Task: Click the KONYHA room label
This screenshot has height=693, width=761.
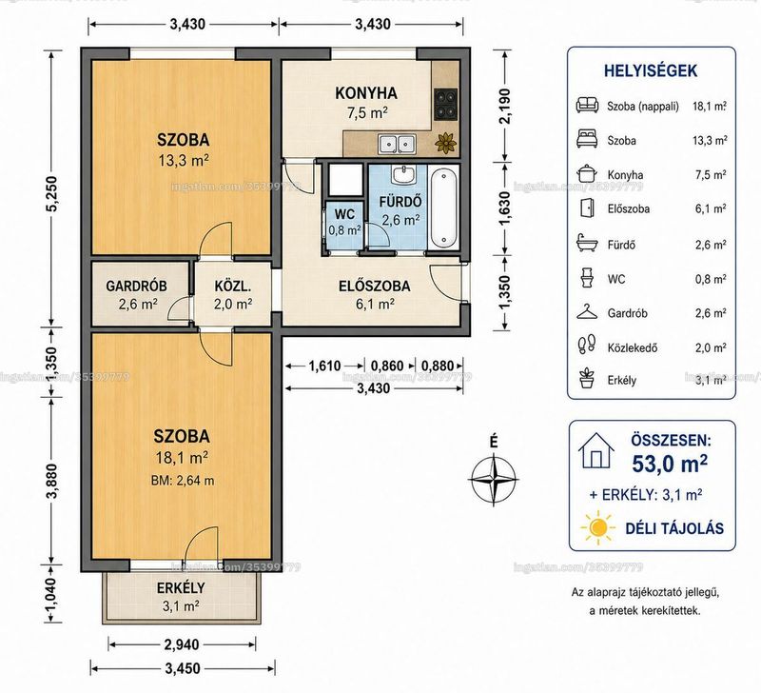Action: (x=366, y=92)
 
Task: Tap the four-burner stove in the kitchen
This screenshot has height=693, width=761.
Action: (x=445, y=105)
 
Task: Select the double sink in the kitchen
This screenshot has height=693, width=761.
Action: (x=397, y=144)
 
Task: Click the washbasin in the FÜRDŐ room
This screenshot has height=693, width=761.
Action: (x=402, y=174)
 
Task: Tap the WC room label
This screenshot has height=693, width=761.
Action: (x=344, y=213)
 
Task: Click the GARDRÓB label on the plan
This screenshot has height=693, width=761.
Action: (x=136, y=286)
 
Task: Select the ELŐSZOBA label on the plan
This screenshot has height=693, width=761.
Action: (x=374, y=286)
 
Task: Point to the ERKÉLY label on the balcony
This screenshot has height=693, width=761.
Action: (x=181, y=588)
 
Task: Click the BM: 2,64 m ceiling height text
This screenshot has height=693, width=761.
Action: (x=183, y=481)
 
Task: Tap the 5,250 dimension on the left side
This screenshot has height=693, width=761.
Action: (x=52, y=193)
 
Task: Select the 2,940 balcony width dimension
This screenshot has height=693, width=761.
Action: (x=182, y=644)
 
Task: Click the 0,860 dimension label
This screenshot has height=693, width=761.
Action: (x=387, y=366)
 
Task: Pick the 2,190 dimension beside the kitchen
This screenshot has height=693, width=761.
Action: (x=505, y=106)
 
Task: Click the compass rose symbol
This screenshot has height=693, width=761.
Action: (x=494, y=480)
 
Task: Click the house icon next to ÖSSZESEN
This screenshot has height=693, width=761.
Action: (x=596, y=451)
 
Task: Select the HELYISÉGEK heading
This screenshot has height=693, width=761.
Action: (x=651, y=70)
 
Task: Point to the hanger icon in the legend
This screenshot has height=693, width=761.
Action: (x=587, y=312)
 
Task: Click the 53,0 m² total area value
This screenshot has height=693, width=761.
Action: (x=670, y=464)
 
